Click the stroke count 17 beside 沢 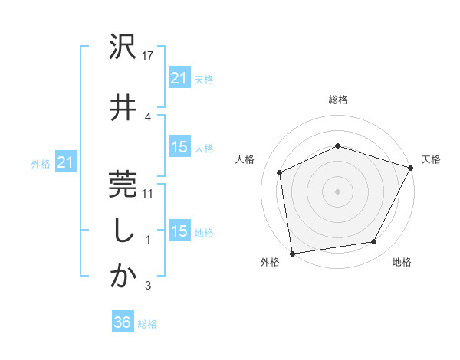(x=149, y=56)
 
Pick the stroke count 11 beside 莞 (x=149, y=193)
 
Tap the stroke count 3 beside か (x=148, y=286)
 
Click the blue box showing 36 (x=122, y=322)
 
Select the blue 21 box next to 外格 (x=65, y=162)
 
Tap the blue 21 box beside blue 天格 (x=179, y=77)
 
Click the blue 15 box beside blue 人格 (x=179, y=147)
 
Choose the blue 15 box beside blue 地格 (x=179, y=231)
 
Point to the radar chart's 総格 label (x=338, y=100)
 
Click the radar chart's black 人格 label (x=245, y=159)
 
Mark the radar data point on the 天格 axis (x=411, y=168)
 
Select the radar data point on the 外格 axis (x=292, y=253)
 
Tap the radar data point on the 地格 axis (x=374, y=242)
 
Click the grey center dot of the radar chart (x=337, y=191)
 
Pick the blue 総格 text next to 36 (x=147, y=324)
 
